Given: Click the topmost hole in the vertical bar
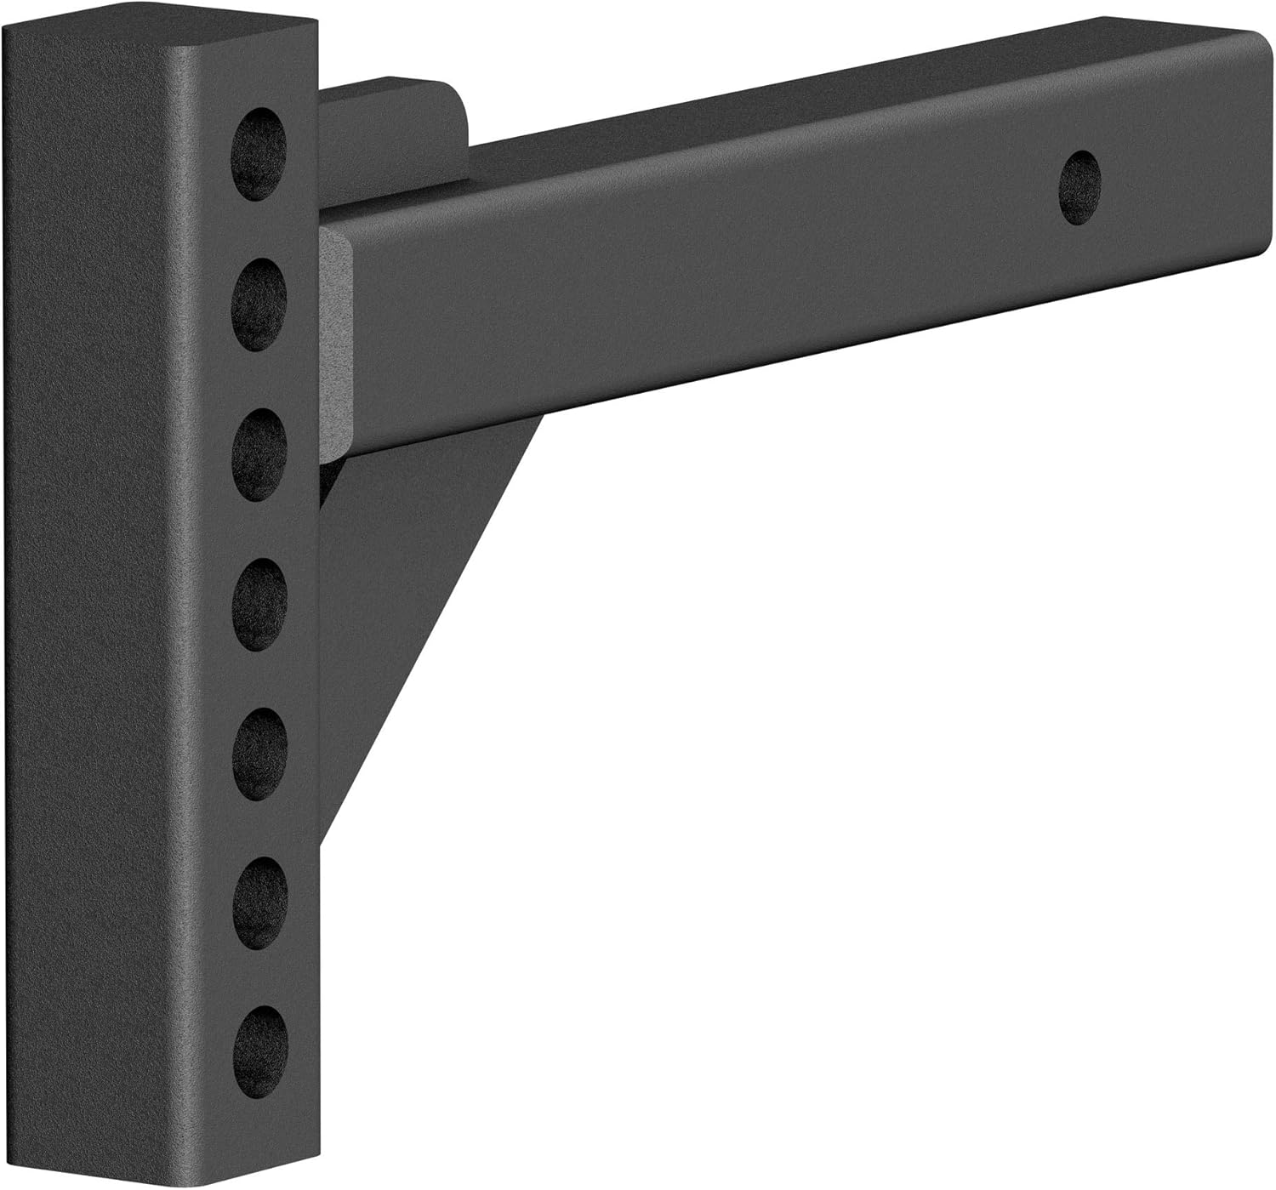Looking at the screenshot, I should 259,154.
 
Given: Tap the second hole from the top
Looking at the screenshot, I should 259,304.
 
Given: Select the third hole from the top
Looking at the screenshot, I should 259,454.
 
